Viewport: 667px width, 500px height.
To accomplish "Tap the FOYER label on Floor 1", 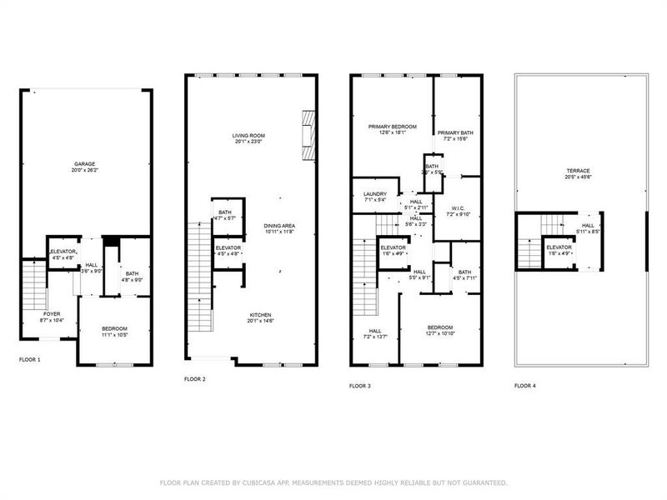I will coord(51,314).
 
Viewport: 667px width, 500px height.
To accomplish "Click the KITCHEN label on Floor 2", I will coord(261,314).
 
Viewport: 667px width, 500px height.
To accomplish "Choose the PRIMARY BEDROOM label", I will coord(393,126).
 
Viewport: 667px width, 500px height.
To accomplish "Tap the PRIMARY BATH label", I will coord(455,132).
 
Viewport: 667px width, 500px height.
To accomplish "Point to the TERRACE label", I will coord(577,171).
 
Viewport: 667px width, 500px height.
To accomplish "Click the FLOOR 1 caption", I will coord(29,359).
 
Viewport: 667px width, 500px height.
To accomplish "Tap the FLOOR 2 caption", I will coord(194,379).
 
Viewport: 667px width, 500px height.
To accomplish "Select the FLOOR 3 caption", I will coord(359,386).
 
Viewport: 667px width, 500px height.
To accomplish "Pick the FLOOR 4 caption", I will coord(525,386).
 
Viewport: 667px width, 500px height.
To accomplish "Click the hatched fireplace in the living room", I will coord(309,135).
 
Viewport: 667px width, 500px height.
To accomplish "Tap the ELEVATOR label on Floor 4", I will coord(559,247).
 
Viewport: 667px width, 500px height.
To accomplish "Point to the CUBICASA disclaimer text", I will coord(333,482).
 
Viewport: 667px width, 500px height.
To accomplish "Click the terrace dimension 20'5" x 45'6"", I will coord(577,177).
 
